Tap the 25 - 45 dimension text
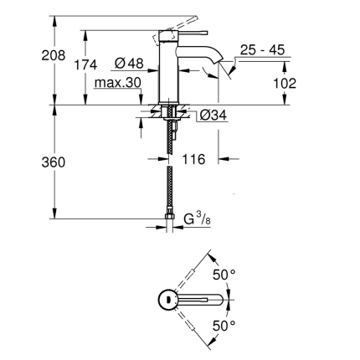point(262,51)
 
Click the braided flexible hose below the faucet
point(170,176)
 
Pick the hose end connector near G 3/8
point(170,223)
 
